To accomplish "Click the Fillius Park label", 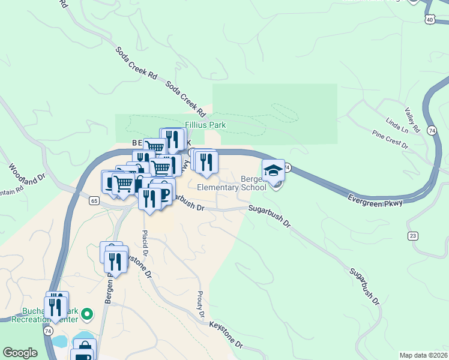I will click(205, 125).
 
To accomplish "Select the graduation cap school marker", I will click(273, 170).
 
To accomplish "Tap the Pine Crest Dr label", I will click(390, 140).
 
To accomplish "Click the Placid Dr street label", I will click(145, 240).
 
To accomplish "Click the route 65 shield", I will click(95, 201).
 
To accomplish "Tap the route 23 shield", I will click(412, 235).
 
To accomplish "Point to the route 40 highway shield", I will click(430, 19).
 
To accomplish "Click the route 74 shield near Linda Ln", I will click(432, 130).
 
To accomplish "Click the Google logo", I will click(20, 353).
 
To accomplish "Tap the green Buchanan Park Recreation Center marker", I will click(87, 313).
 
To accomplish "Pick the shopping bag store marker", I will click(85, 348).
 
